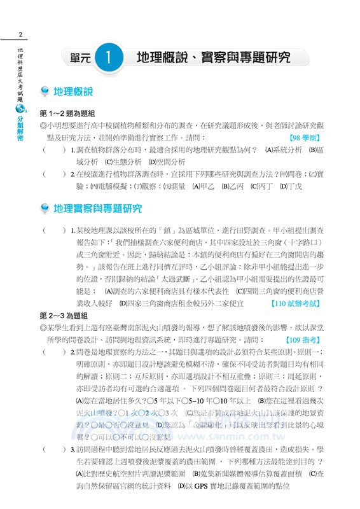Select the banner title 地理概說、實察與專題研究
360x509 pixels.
(x=214, y=58)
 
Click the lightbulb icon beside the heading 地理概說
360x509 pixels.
(x=45, y=93)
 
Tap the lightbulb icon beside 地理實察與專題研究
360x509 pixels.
(x=45, y=209)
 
